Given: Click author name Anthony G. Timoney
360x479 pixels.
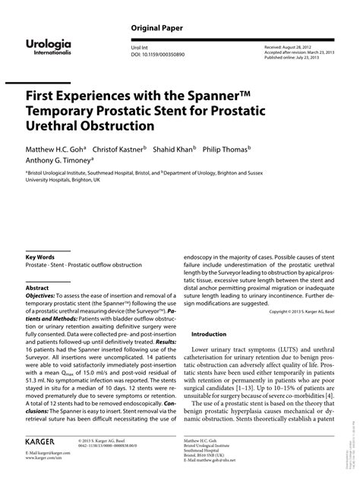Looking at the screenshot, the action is tap(57, 162).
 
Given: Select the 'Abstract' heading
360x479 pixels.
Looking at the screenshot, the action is tap(37, 289).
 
